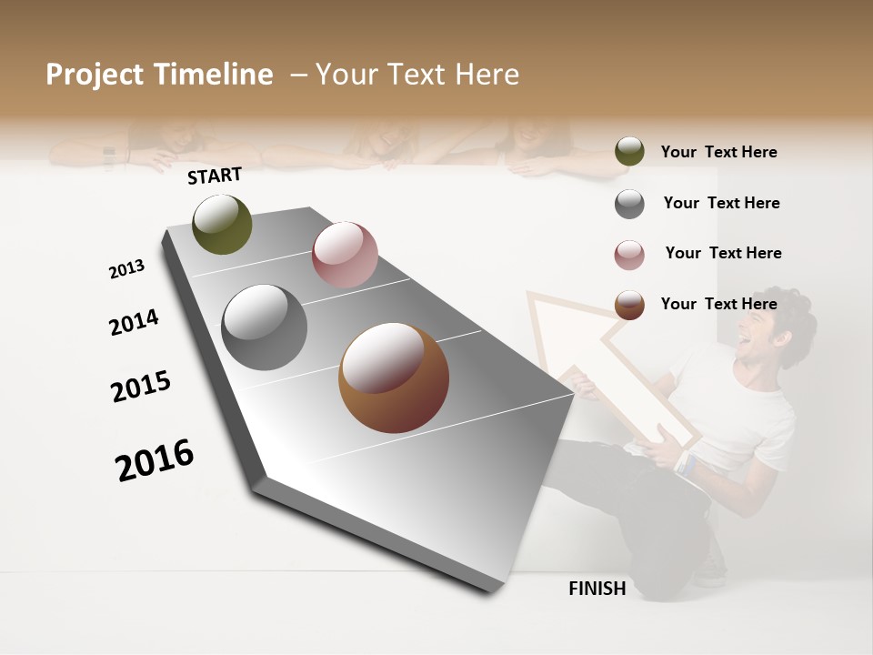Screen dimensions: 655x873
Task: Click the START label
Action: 215,176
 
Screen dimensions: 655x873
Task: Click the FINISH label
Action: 597,589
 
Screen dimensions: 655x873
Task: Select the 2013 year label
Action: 127,269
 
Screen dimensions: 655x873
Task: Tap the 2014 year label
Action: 135,323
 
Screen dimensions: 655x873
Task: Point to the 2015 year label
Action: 141,387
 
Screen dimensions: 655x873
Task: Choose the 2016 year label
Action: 155,460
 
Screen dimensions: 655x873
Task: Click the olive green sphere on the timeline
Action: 223,225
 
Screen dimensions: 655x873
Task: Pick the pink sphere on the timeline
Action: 345,255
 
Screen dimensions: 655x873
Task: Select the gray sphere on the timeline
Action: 265,327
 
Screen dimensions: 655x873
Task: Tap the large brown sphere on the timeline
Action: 394,378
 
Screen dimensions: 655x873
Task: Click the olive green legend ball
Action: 629,152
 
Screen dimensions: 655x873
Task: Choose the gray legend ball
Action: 629,204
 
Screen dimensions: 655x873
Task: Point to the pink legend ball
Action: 629,255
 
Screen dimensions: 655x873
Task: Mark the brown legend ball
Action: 629,305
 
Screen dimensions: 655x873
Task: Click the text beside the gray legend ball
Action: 721,203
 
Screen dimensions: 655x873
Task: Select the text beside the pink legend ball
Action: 723,253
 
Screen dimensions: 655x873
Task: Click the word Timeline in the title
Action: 214,75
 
